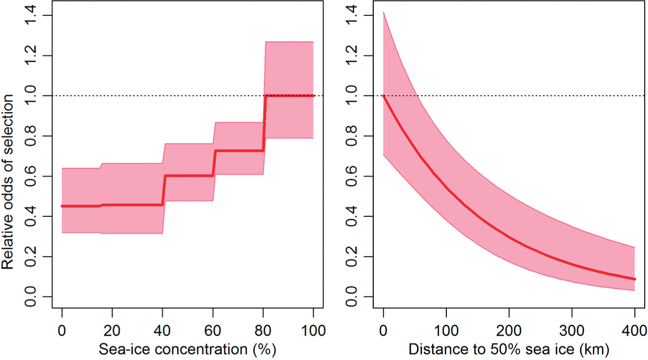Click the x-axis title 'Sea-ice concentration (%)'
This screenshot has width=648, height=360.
pos(187,349)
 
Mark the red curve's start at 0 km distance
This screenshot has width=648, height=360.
pos(384,96)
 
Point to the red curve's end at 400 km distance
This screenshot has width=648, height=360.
pos(634,279)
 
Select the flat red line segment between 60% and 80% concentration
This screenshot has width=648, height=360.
pos(239,151)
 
